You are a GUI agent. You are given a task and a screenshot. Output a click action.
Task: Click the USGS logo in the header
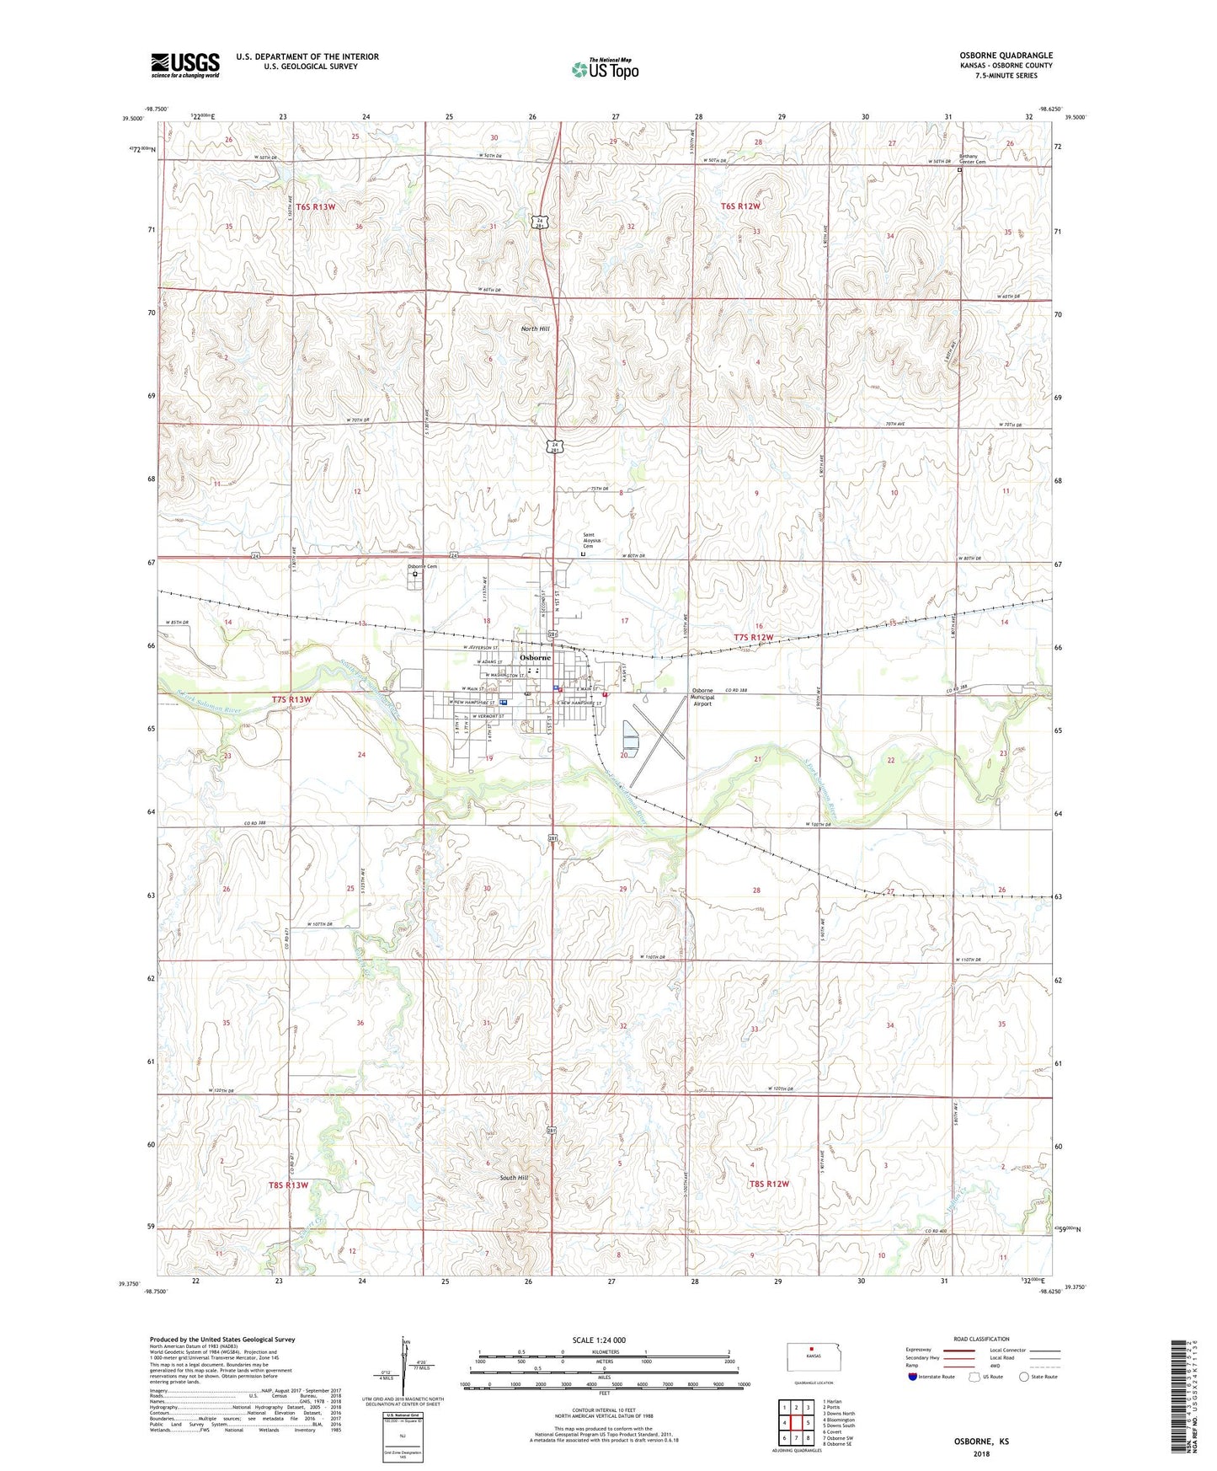tap(185, 65)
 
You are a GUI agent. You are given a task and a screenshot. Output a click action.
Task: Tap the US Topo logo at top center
tap(605, 69)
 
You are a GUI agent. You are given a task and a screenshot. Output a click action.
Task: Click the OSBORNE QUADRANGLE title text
tap(1006, 56)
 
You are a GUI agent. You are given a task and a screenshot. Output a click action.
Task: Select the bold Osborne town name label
tap(535, 657)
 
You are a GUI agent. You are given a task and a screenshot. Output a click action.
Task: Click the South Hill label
tap(514, 1178)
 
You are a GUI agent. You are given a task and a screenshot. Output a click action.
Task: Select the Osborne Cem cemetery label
tap(422, 566)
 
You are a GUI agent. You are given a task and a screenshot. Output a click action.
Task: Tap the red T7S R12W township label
tap(753, 638)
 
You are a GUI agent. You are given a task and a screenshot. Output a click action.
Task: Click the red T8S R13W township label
tap(288, 1185)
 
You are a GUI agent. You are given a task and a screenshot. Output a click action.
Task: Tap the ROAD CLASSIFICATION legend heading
tap(982, 1339)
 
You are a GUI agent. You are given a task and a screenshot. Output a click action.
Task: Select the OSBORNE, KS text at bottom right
tap(981, 1442)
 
